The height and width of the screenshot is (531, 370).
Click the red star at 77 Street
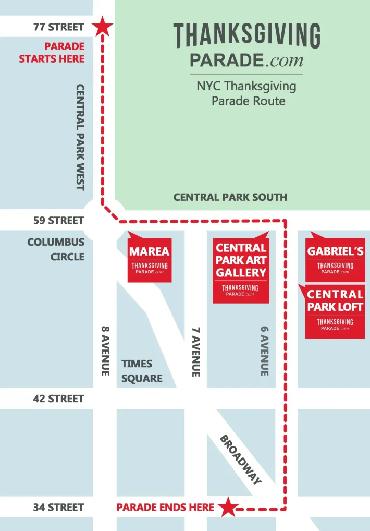point(103,27)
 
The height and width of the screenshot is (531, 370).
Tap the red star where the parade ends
point(227,507)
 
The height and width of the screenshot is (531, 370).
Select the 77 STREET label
point(58,27)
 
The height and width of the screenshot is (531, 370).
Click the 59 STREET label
point(58,220)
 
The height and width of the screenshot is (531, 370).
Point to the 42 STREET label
point(58,399)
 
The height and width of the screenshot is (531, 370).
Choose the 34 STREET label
point(58,507)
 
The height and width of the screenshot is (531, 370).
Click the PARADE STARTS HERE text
point(52,53)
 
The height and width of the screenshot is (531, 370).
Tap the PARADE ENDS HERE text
point(165,507)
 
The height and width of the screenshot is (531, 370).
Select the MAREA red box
point(150,259)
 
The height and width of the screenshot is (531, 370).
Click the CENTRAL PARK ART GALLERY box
point(241,269)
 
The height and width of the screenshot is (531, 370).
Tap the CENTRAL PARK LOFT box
point(335,311)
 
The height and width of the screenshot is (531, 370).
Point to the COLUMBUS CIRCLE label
point(56,249)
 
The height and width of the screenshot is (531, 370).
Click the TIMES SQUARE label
point(142,371)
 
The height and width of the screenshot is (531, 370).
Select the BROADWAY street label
point(240,459)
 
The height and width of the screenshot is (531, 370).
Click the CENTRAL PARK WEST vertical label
point(80,137)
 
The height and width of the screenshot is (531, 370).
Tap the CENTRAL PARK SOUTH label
point(230,197)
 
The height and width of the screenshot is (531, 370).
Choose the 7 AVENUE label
point(196,352)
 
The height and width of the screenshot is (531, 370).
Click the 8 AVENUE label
point(105,351)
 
